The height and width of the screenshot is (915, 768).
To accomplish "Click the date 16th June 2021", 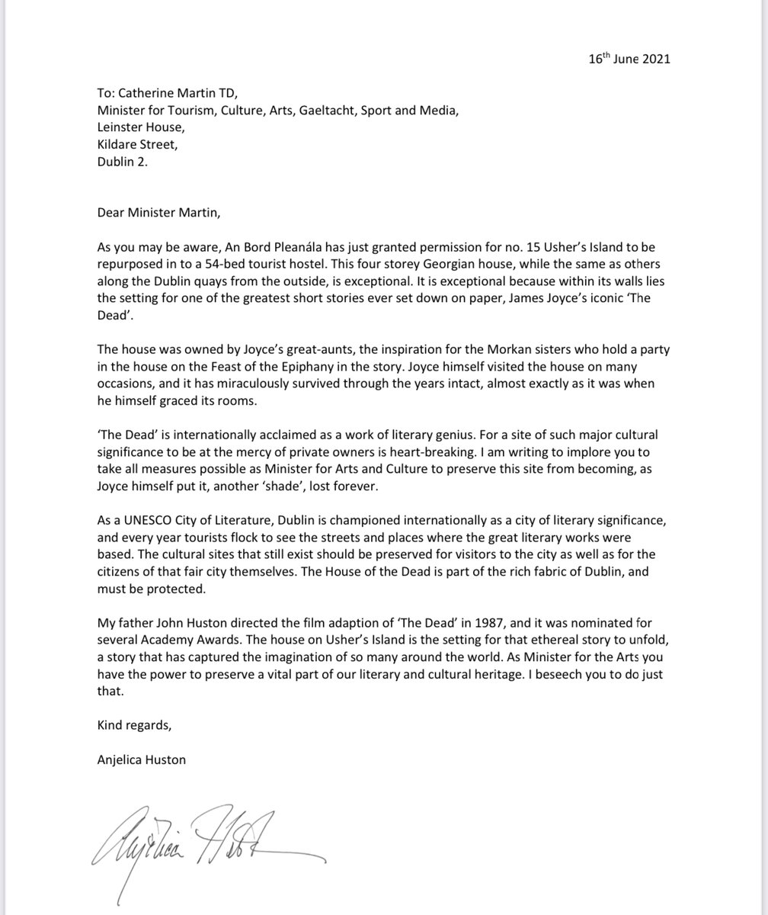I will [x=629, y=59].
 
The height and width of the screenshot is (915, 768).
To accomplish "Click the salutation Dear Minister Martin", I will [x=158, y=212].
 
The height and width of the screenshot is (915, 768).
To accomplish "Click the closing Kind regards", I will [x=134, y=725].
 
